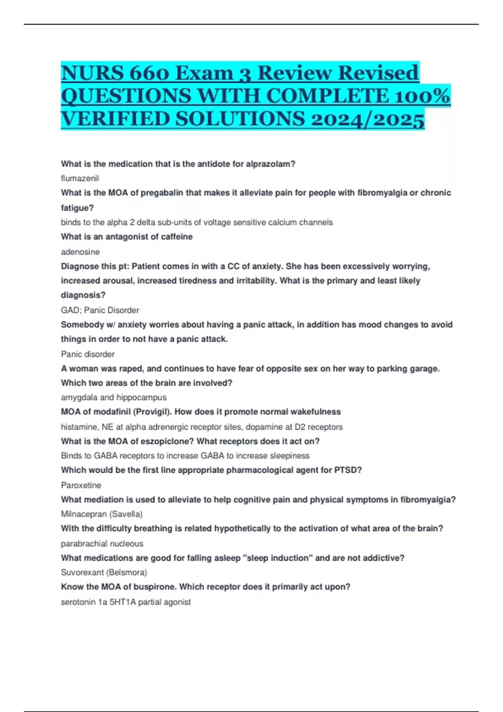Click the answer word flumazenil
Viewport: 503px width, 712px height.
tap(80, 178)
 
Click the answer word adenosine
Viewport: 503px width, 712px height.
tap(80, 252)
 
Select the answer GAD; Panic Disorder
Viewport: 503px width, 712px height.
tap(100, 310)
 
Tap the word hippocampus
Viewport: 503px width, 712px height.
tap(141, 397)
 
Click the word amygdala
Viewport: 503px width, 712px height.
tap(79, 397)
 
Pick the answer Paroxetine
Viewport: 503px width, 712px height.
tap(81, 485)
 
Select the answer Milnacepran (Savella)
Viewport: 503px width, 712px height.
tap(101, 514)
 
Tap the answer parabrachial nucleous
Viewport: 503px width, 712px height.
tap(102, 544)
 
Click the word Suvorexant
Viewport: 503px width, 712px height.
tap(81, 572)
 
